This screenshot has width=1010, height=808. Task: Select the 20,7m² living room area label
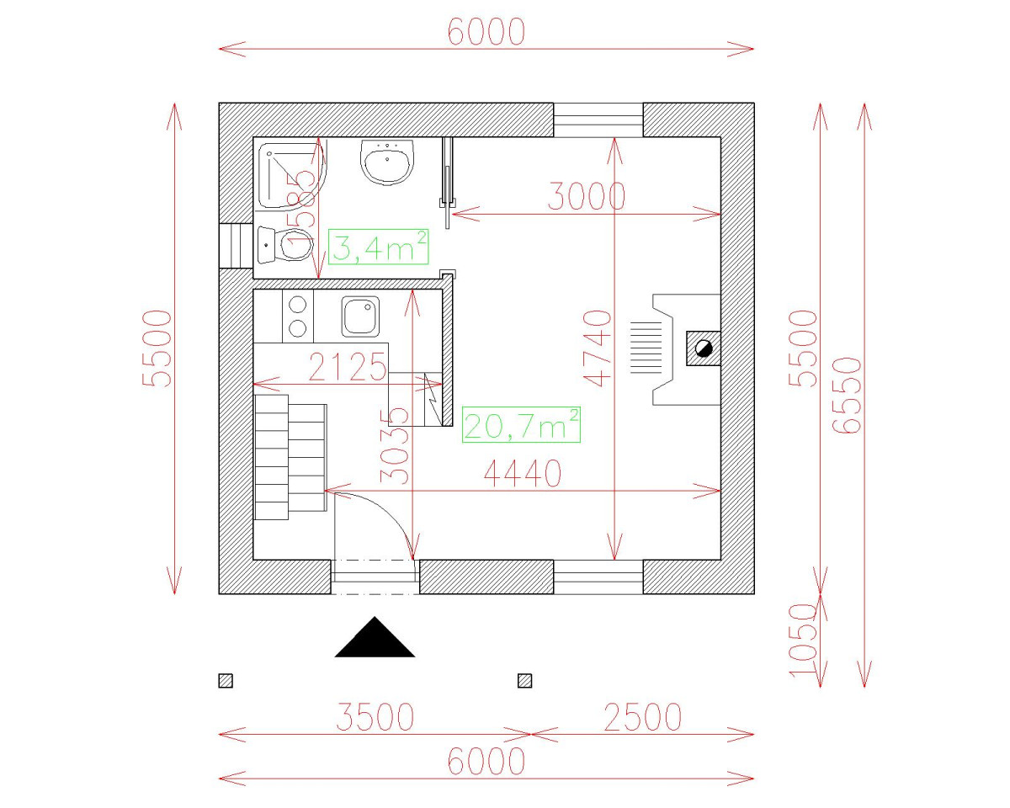coord(521,424)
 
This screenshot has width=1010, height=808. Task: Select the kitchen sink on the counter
coord(360,316)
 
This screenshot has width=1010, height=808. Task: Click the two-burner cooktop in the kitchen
coord(297,316)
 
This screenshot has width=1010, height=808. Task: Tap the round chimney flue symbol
coord(704,348)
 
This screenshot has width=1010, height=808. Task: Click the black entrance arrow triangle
coord(375,638)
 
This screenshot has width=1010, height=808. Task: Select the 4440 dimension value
coord(522,475)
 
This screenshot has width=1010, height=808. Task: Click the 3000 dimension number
coord(587,197)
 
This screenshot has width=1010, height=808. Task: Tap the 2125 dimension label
coord(347,368)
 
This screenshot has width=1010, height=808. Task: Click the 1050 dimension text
coord(805,640)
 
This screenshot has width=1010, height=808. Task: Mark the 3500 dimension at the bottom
coord(375,718)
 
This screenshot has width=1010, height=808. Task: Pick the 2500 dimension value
coord(642,718)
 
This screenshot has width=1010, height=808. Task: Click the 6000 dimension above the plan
coord(486,32)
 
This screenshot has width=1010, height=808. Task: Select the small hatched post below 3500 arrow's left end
coord(226,681)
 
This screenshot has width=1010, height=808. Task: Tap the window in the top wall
coord(598,120)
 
